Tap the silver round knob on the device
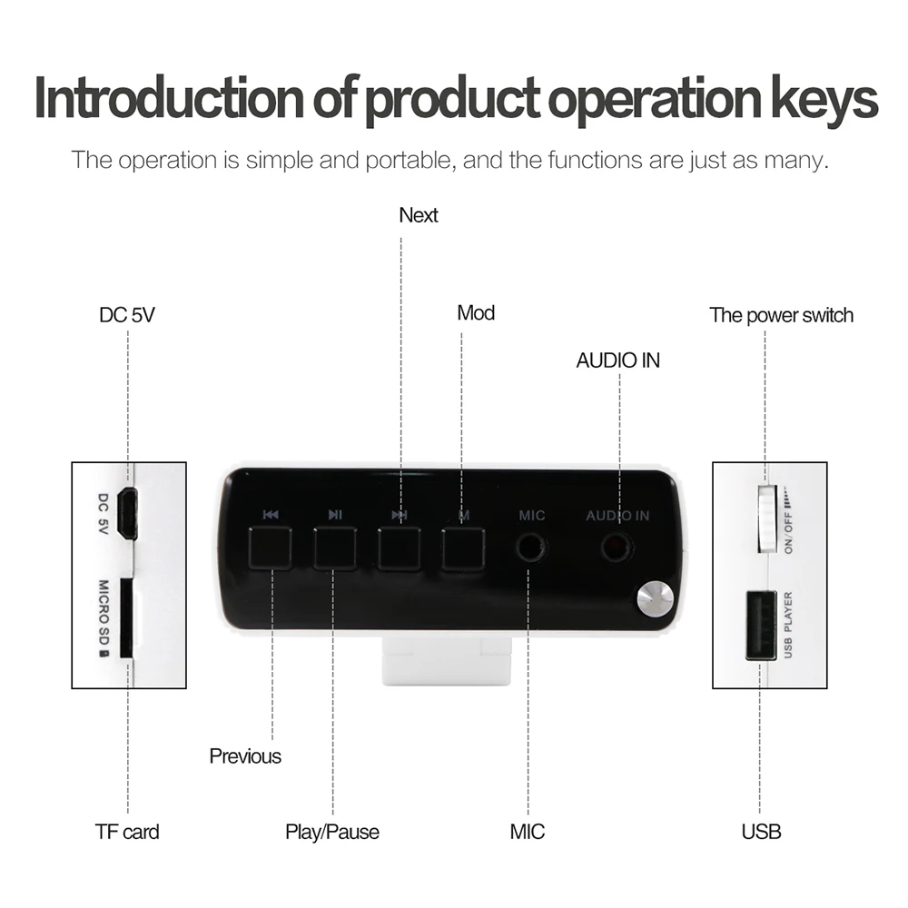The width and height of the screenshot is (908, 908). pyautogui.click(x=654, y=599)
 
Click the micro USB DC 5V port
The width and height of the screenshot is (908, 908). pyautogui.click(x=129, y=513)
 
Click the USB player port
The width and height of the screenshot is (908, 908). pyautogui.click(x=761, y=625)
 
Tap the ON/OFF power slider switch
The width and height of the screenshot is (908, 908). pyautogui.click(x=767, y=518)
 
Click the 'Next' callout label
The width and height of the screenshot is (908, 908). pyautogui.click(x=419, y=215)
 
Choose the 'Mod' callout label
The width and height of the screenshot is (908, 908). pyautogui.click(x=476, y=313)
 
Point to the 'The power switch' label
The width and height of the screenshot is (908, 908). pyautogui.click(x=781, y=315)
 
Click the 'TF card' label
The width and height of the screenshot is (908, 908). pyautogui.click(x=127, y=831)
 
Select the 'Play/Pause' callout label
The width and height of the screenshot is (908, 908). pyautogui.click(x=332, y=832)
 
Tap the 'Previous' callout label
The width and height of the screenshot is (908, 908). pyautogui.click(x=245, y=756)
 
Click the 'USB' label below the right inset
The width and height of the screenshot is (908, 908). pyautogui.click(x=761, y=831)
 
